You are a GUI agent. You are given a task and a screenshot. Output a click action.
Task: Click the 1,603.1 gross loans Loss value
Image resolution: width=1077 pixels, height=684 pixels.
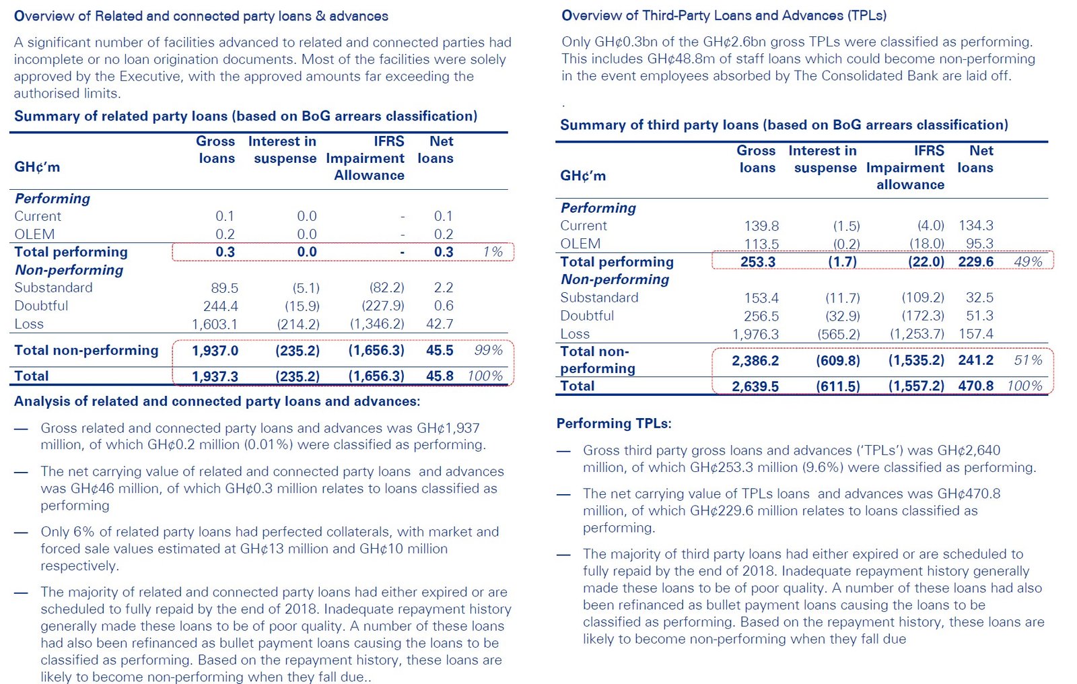pos(214,324)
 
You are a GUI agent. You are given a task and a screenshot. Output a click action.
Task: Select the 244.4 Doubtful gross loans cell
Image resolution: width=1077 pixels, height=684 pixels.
pos(220,306)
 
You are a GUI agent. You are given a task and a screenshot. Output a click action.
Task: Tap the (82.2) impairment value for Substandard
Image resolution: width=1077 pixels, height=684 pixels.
pos(386,287)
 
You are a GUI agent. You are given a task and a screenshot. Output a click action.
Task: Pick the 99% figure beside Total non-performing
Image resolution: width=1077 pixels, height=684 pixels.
pos(488,350)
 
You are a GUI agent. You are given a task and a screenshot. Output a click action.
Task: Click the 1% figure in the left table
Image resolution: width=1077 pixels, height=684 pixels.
pos(493,252)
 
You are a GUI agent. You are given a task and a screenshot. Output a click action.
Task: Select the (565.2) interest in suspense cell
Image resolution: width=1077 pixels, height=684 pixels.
pos(838,334)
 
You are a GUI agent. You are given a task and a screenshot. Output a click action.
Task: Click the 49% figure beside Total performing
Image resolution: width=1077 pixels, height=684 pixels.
pos(1028,262)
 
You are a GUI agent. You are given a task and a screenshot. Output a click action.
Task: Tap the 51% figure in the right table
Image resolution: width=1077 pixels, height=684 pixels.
pos(1028,360)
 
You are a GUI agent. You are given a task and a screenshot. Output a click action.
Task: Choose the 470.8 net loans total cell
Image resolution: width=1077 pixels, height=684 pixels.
pos(975,386)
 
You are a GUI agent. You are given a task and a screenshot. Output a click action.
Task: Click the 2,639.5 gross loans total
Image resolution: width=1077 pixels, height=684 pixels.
pos(755,386)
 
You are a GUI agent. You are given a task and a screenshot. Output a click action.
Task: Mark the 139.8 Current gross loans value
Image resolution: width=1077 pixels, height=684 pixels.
pos(761,226)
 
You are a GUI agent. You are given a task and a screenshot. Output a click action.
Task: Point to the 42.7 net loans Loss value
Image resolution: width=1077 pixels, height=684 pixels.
pos(440,324)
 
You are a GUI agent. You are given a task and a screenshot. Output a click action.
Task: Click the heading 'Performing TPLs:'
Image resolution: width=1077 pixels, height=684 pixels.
pos(613,423)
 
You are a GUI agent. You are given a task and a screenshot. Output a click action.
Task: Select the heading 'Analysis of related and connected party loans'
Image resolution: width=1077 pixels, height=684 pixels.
pos(217,401)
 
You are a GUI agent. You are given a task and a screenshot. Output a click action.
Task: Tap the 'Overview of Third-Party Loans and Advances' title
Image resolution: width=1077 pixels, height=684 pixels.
pos(724,15)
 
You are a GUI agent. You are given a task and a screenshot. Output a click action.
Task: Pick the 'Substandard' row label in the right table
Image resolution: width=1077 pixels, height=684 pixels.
pos(599,298)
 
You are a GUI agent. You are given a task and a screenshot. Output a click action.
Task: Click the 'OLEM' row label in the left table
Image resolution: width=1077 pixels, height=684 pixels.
pos(34,234)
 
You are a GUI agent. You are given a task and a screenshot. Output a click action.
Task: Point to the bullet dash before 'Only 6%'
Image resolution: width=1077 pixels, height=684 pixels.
pos(22,533)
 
